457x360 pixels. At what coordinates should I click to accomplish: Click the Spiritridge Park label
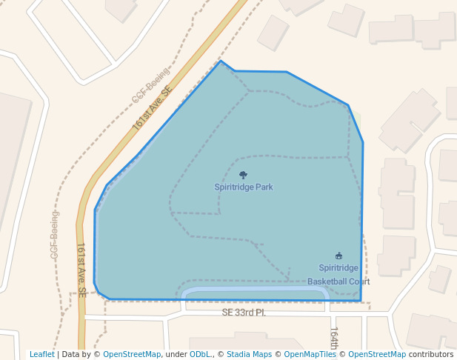pyautogui.click(x=244, y=187)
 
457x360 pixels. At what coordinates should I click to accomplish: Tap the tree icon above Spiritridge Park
pyautogui.click(x=244, y=176)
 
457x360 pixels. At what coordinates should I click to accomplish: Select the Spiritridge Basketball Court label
pyautogui.click(x=338, y=274)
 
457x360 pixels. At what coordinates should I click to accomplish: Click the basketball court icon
pyautogui.click(x=339, y=256)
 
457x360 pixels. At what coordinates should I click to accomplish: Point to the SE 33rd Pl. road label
pyautogui.click(x=244, y=313)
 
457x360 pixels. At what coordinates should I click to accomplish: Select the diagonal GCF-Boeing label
pyautogui.click(x=151, y=86)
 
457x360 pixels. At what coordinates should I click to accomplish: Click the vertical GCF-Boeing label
pyautogui.click(x=54, y=235)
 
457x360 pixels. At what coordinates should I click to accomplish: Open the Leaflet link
pyautogui.click(x=42, y=354)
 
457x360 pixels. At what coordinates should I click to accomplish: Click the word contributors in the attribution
pyautogui.click(x=431, y=354)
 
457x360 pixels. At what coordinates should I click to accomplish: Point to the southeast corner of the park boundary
pyautogui.click(x=361, y=301)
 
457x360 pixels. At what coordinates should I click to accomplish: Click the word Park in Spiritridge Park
pyautogui.click(x=264, y=187)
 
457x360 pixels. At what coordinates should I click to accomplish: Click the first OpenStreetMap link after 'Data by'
pyautogui.click(x=132, y=354)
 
